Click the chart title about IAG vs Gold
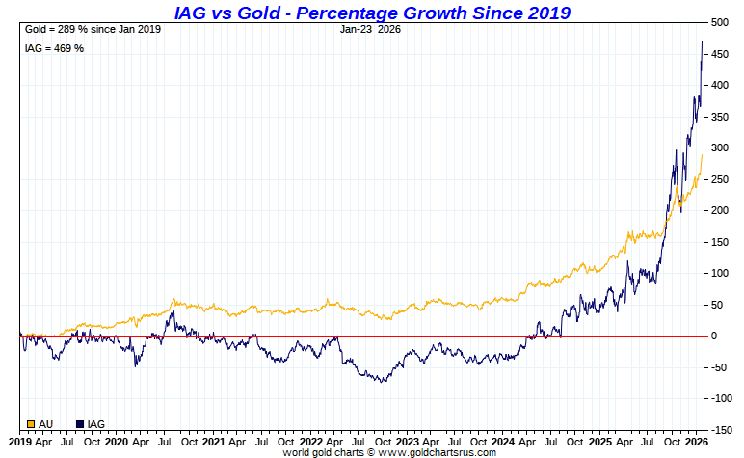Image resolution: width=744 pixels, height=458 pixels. [x=372, y=13]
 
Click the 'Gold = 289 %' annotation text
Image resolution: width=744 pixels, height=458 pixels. [x=93, y=29]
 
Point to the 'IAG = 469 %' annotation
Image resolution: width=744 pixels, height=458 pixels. [x=54, y=48]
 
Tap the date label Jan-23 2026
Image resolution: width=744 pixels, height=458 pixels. [x=371, y=29]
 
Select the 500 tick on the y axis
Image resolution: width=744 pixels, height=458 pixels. [x=720, y=22]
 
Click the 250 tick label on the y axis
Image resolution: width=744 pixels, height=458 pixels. [x=720, y=179]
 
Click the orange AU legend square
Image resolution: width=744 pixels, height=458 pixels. [x=31, y=424]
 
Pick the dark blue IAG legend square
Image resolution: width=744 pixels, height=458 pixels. [x=80, y=424]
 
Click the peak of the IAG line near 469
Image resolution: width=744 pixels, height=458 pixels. [x=703, y=41]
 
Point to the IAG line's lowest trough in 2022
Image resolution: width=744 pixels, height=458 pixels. [x=383, y=382]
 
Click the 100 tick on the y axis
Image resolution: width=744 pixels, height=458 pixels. [x=720, y=273]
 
